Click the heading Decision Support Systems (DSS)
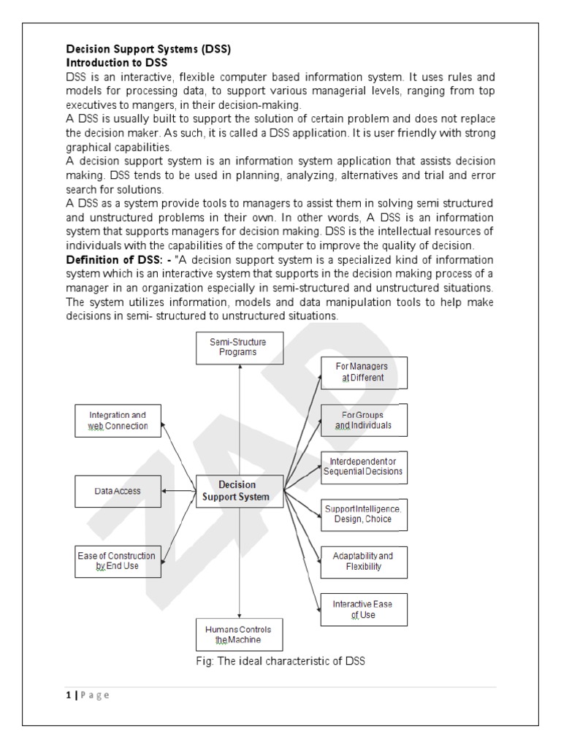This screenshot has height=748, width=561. [x=149, y=50]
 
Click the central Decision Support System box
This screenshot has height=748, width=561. [x=239, y=490]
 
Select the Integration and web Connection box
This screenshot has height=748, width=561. [x=118, y=420]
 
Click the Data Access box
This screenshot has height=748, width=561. [x=118, y=491]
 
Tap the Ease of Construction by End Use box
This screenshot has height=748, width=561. [x=118, y=561]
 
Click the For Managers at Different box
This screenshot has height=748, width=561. [x=363, y=373]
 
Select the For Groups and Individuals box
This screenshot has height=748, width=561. [x=363, y=419]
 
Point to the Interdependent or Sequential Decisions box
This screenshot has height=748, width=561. [x=363, y=467]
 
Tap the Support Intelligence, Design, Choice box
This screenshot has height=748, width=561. [x=363, y=514]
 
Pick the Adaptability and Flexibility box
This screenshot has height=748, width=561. [x=363, y=561]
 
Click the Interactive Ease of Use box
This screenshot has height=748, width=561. [x=363, y=610]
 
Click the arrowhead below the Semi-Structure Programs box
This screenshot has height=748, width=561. [x=239, y=367]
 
